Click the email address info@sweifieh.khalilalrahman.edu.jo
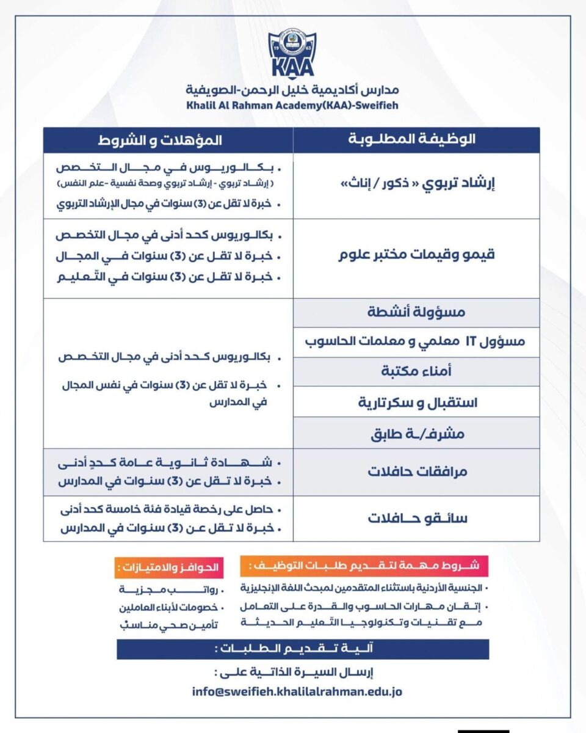point(296,693)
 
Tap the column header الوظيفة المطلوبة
point(416,140)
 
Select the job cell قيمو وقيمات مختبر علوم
point(417,255)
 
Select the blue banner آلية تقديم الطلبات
point(303,649)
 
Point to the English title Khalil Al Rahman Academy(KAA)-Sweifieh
point(292,105)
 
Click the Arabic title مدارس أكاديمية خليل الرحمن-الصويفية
point(293,92)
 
